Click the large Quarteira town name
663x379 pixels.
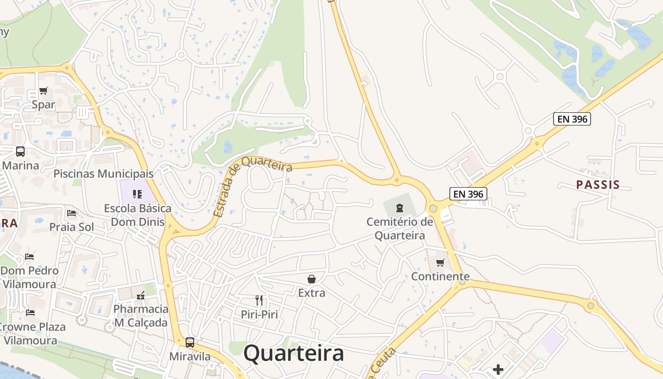[x=294, y=353]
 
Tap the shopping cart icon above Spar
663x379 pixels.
[x=44, y=90]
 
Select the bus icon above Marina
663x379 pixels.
[x=20, y=152]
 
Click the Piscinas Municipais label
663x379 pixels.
[x=103, y=173]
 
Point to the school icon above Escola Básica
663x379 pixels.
[x=137, y=194]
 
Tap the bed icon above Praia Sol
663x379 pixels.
[x=72, y=213]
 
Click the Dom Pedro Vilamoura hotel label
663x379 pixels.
[x=29, y=278]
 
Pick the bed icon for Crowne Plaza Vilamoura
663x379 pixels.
[x=30, y=312]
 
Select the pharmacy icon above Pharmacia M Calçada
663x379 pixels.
[x=140, y=296]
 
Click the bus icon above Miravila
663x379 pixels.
[x=190, y=342]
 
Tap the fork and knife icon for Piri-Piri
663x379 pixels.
[x=259, y=300]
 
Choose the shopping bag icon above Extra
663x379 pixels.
[x=312, y=279]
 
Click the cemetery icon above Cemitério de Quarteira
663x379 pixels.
[x=400, y=208]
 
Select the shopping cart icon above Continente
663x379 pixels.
[x=440, y=262]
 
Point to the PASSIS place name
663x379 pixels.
[x=598, y=185]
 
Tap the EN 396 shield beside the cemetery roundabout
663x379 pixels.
[x=468, y=193]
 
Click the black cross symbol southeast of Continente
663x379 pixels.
[x=498, y=369]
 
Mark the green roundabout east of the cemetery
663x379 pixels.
[x=433, y=208]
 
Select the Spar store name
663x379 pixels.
[x=44, y=105]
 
